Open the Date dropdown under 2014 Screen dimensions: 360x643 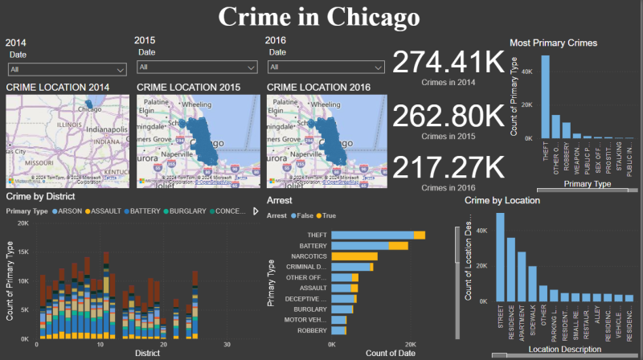67,69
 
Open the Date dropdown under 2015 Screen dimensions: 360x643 196,67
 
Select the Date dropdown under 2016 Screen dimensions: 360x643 327,67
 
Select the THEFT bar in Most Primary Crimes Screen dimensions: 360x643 544,96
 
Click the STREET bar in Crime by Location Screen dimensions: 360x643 500,257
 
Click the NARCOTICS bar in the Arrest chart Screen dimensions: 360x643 354,256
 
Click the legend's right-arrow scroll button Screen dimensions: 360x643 256,211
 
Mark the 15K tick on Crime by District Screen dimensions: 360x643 23,252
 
